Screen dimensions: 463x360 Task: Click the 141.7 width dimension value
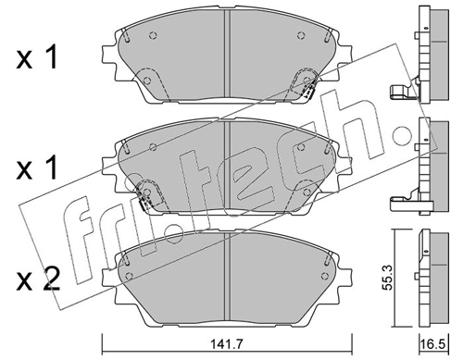click(x=227, y=343)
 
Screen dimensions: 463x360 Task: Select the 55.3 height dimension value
click(x=387, y=278)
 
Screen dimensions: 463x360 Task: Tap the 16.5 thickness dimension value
click(x=434, y=343)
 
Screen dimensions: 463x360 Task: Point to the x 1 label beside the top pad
click(x=36, y=56)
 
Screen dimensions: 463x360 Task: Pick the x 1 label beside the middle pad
click(x=36, y=168)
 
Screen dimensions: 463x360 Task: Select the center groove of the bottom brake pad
click(x=227, y=276)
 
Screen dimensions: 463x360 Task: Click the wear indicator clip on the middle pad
click(x=143, y=200)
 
